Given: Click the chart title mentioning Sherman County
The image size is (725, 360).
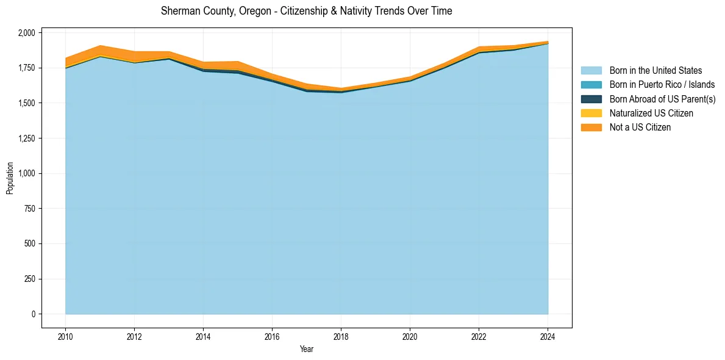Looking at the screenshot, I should (306, 11).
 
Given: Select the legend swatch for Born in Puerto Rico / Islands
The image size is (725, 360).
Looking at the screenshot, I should (591, 85).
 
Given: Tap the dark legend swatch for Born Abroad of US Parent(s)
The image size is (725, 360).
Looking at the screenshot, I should (591, 99).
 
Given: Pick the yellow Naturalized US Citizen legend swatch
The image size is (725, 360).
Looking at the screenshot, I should (591, 113).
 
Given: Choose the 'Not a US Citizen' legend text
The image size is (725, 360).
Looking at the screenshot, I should (640, 128).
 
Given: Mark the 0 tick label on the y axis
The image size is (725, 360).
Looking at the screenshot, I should (34, 314).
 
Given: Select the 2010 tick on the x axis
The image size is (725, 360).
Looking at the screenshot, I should (65, 336).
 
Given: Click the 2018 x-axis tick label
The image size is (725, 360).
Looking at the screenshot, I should (341, 336).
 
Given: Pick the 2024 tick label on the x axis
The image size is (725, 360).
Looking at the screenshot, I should (548, 336).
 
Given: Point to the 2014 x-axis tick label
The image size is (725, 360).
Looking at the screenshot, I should (203, 336).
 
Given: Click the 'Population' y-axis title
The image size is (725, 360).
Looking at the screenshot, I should (10, 178).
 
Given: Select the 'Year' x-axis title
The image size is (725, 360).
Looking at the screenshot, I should (306, 349).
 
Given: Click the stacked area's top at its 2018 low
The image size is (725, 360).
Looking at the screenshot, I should (341, 88).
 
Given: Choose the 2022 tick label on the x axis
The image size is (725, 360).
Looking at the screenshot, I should (479, 336).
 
